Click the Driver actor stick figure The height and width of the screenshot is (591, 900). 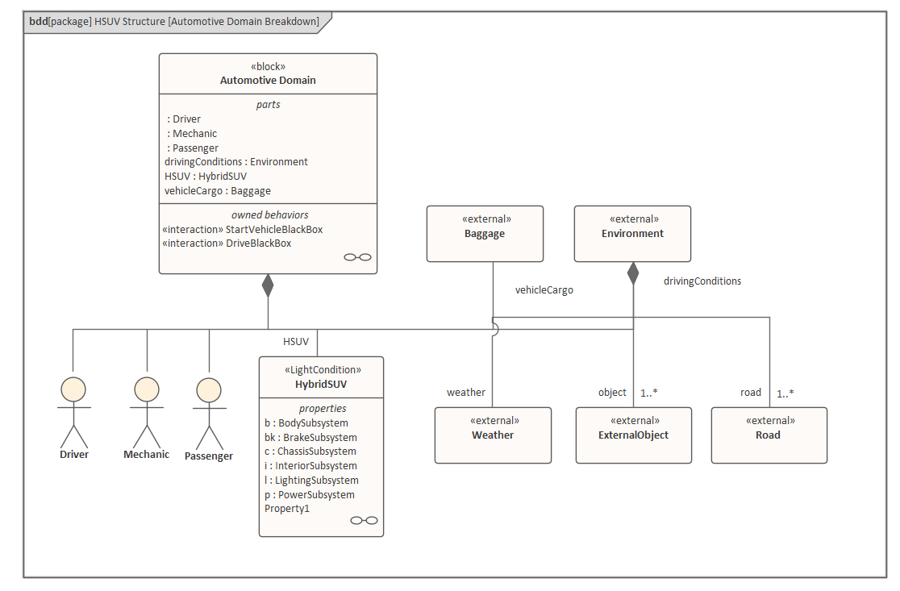(73, 411)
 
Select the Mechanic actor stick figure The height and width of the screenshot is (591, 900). (147, 411)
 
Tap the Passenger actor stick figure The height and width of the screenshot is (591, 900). (209, 413)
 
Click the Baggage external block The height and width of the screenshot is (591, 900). (485, 234)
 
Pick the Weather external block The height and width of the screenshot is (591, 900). (493, 435)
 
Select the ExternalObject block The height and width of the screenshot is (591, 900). (633, 435)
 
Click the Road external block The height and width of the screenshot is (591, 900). (769, 435)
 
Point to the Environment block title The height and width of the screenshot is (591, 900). (632, 234)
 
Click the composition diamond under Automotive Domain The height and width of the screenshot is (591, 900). (268, 285)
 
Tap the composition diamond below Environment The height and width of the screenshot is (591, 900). (633, 273)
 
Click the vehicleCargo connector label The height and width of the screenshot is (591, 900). (544, 290)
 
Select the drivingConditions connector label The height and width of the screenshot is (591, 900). (702, 281)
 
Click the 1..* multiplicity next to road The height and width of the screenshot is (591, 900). (785, 393)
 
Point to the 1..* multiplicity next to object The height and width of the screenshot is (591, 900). (649, 393)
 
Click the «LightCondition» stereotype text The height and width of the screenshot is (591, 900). (321, 370)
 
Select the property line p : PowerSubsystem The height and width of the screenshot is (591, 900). (310, 495)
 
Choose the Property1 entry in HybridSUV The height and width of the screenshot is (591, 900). (287, 509)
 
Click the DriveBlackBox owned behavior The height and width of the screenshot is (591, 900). (227, 243)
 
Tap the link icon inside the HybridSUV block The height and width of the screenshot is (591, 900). (364, 520)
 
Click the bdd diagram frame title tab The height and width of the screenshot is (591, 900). (173, 21)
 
